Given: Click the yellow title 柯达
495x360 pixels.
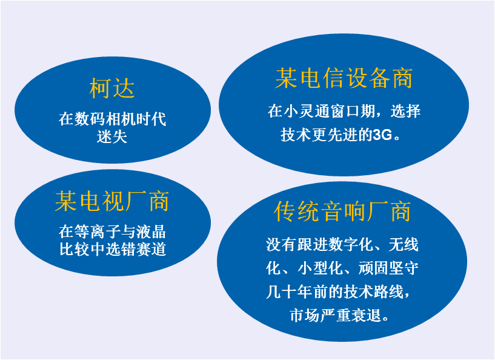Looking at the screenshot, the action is (112, 88).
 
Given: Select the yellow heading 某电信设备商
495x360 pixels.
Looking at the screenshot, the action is (344, 78).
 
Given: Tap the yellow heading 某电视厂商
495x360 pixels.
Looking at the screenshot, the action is (112, 201).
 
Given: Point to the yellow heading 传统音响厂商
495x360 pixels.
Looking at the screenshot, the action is (342, 212).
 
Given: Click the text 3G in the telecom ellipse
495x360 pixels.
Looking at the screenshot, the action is (382, 135).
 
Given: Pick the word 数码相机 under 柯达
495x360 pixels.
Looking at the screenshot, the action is (105, 119).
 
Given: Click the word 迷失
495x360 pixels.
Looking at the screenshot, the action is (112, 136).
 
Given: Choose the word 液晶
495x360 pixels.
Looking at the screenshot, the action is (151, 232).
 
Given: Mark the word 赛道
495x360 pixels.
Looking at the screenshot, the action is (151, 249).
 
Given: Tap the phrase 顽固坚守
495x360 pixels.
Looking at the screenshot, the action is (388, 268).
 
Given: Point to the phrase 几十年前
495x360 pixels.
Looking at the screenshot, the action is (296, 292).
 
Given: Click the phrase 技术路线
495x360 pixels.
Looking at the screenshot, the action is (373, 292).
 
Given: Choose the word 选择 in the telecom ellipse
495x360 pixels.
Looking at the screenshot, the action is (406, 111).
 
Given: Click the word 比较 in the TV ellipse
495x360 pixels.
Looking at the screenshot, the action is (75, 249).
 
